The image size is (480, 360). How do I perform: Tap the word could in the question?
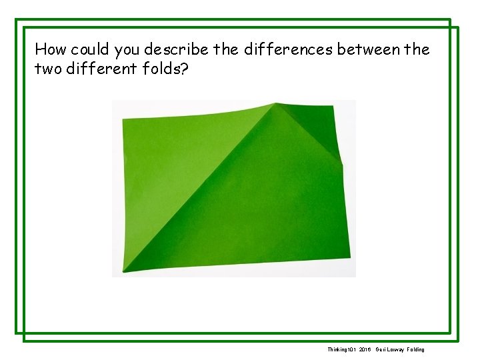[x=90, y=49]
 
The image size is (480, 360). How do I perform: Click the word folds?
[x=159, y=69]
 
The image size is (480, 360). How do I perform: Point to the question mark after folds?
[x=185, y=69]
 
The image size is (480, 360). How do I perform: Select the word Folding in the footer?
[x=414, y=349]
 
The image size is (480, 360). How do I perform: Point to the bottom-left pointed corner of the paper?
[x=124, y=271]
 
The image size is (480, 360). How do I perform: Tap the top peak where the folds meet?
[x=275, y=104]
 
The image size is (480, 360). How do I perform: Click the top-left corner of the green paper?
[x=123, y=119]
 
